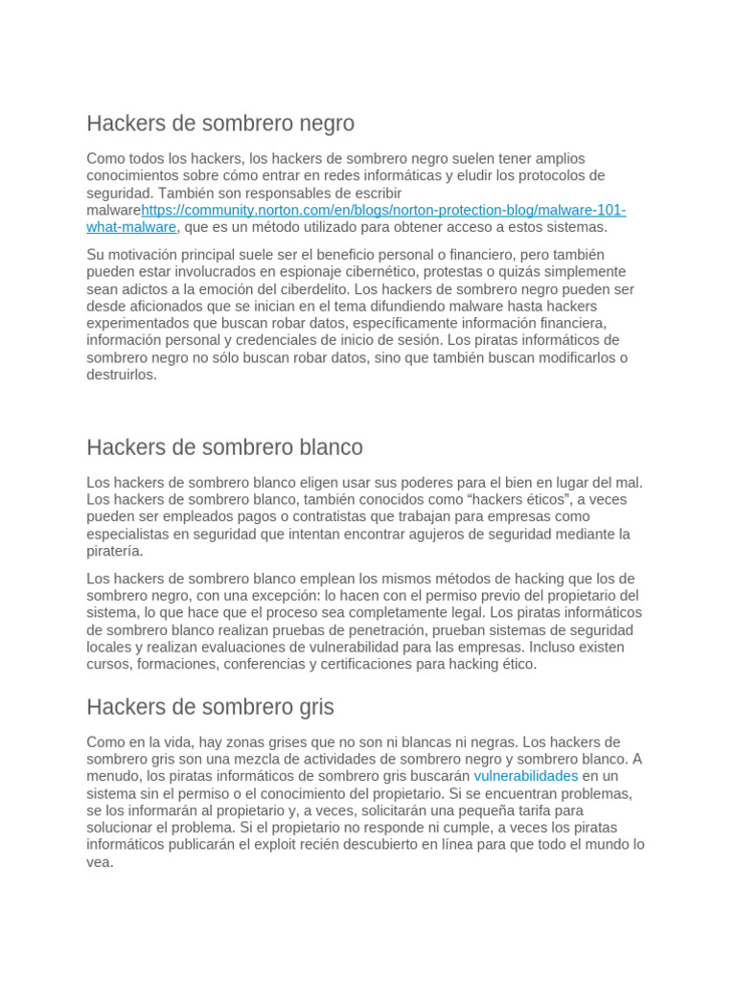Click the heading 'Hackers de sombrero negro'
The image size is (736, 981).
(220, 124)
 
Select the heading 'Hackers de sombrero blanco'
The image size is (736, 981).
(224, 447)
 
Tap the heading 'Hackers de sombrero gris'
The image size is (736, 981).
(210, 707)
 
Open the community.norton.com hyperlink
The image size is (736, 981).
(383, 211)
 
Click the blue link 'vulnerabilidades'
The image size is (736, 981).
(526, 776)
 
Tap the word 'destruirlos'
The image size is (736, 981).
(121, 376)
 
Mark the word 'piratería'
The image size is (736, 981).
(114, 552)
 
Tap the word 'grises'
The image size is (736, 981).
(294, 742)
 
